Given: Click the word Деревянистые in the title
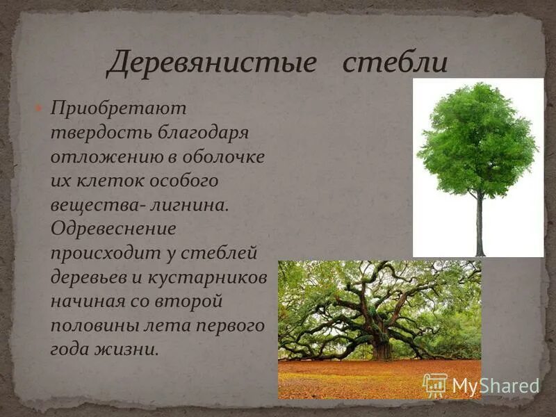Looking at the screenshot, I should tap(211, 64).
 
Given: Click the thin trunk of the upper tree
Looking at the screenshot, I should tap(480, 222).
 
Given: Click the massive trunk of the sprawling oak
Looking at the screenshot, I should tap(382, 344).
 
